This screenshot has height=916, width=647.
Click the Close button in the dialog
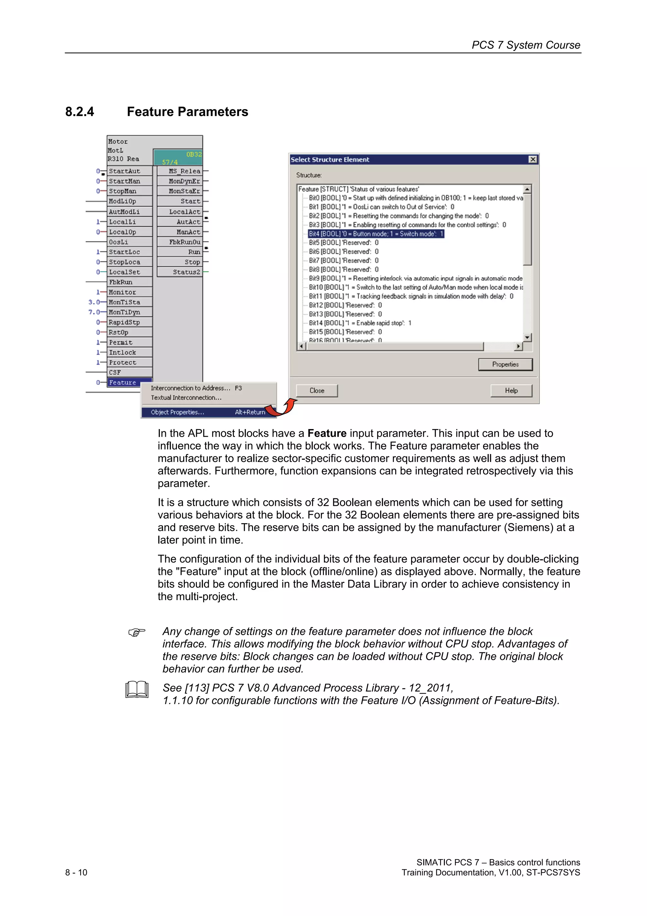[x=317, y=390]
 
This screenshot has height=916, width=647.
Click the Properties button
[x=505, y=364]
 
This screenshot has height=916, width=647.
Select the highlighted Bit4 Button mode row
[x=376, y=234]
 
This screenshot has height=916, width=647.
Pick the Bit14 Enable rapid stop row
[x=360, y=323]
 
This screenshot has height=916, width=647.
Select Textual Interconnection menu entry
[x=186, y=398]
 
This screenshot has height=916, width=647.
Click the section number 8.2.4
[x=80, y=112]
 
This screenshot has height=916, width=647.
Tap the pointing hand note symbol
[x=137, y=632]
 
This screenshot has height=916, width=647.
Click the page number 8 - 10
[x=76, y=872]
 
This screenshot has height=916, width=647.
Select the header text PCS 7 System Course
[x=525, y=45]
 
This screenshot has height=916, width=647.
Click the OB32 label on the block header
[x=194, y=154]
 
